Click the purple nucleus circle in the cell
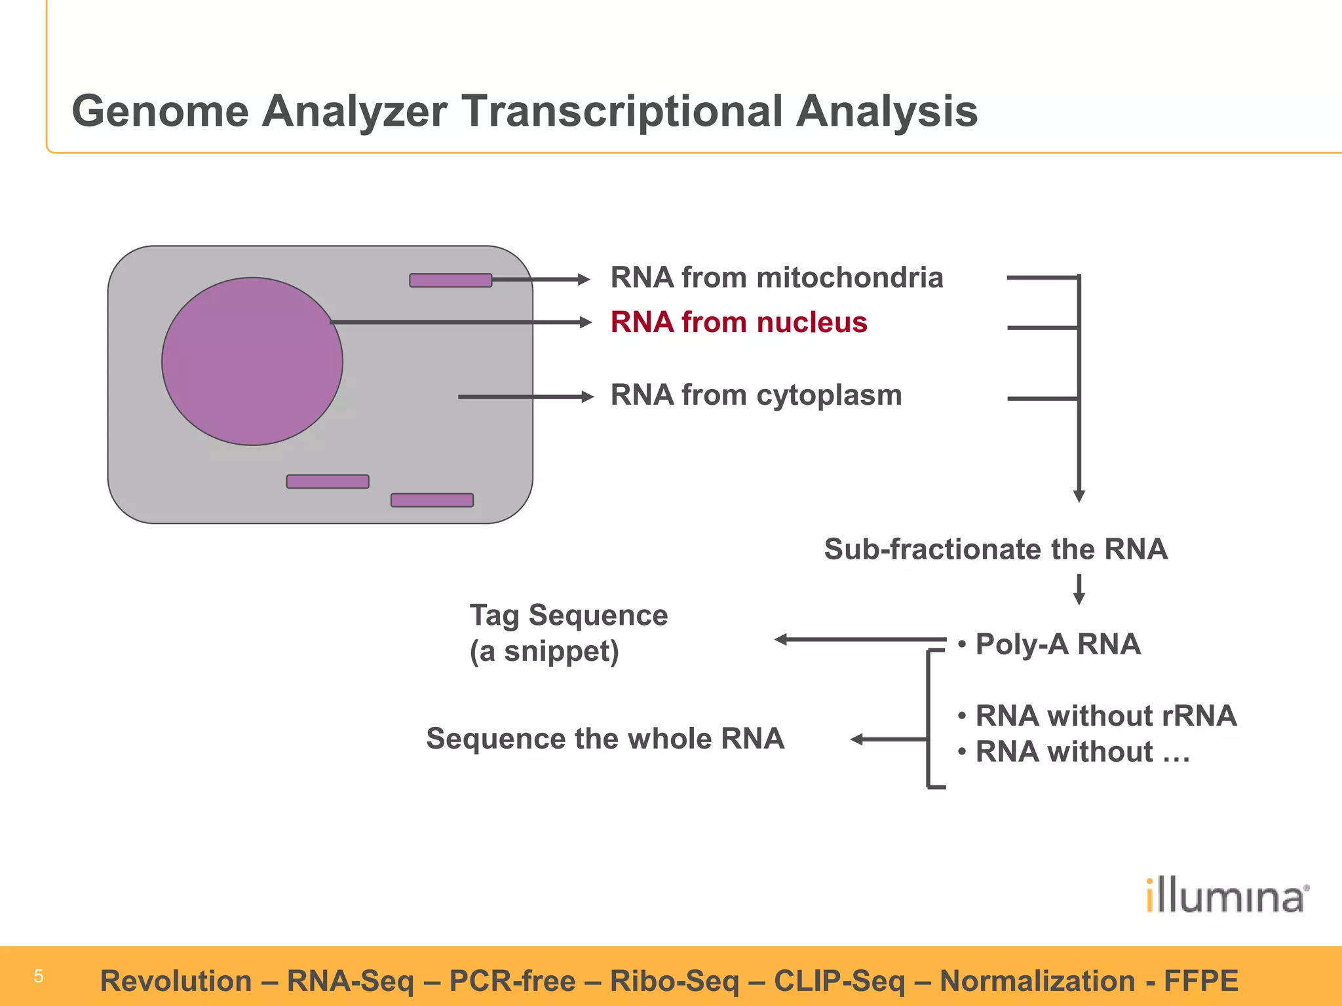click(252, 362)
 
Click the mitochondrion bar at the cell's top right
click(450, 280)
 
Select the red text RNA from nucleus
click(738, 322)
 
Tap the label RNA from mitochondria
click(776, 278)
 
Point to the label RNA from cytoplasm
click(756, 395)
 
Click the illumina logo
click(1227, 896)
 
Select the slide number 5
click(39, 977)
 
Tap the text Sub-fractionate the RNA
click(995, 549)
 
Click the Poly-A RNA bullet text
click(1057, 644)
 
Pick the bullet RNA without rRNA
click(1105, 715)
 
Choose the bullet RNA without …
click(1081, 751)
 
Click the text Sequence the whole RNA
click(605, 738)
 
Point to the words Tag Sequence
click(568, 615)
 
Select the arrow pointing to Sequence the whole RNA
click(888, 739)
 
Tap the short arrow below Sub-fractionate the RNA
click(1079, 589)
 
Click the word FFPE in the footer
click(1200, 980)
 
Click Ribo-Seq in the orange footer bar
click(674, 980)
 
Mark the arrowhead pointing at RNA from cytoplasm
click(587, 397)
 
